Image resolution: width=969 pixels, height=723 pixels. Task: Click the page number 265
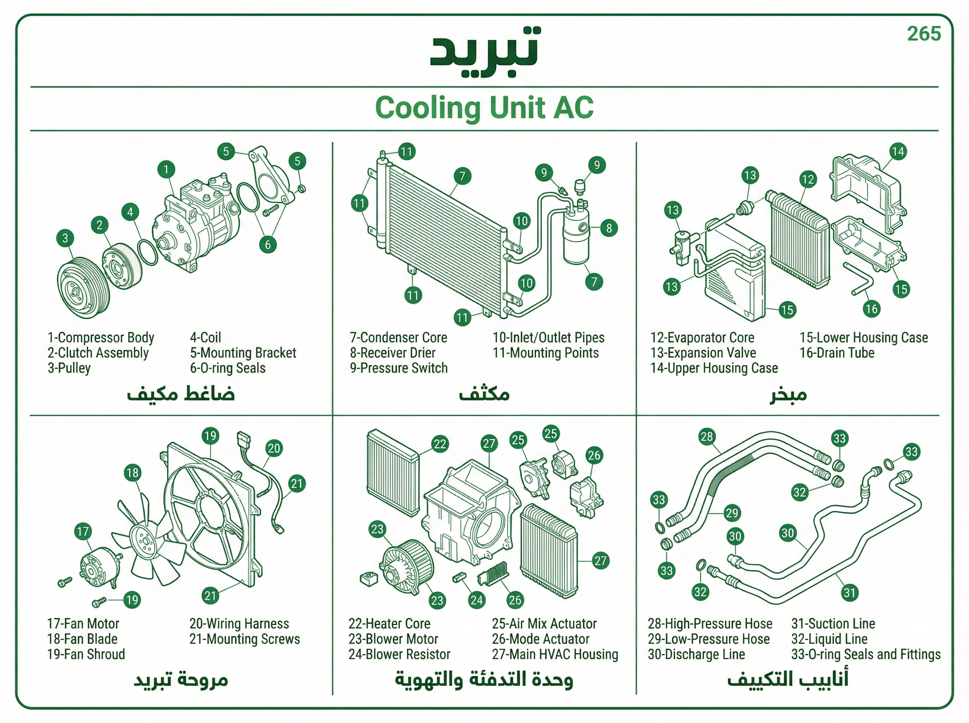(x=924, y=34)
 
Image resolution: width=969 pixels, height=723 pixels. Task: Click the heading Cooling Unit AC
(x=484, y=108)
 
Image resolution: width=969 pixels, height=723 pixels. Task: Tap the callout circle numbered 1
(x=166, y=169)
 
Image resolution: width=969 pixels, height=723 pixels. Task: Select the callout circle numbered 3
(x=65, y=238)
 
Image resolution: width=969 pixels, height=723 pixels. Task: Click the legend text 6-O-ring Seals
(x=228, y=368)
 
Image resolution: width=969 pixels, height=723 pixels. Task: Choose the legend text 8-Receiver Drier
(x=392, y=353)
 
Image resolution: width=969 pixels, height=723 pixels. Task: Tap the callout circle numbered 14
(x=898, y=151)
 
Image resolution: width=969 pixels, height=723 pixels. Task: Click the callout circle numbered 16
(x=871, y=309)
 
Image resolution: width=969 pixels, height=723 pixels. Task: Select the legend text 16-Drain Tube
(x=837, y=353)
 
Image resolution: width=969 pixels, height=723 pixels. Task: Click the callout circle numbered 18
(x=132, y=473)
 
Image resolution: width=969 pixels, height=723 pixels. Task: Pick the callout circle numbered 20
(x=274, y=448)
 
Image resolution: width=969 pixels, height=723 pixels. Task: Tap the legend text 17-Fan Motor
(x=83, y=624)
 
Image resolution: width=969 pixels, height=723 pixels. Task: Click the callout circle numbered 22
(x=440, y=444)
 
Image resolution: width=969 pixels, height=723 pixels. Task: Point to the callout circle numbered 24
(x=476, y=600)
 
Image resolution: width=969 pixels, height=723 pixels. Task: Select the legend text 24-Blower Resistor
(x=399, y=654)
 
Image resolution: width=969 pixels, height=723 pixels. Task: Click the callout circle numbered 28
(x=707, y=436)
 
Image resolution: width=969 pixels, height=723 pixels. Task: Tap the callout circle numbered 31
(x=849, y=593)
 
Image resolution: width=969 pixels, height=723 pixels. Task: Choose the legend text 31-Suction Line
(x=833, y=624)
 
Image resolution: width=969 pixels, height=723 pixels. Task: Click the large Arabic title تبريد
(x=485, y=52)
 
